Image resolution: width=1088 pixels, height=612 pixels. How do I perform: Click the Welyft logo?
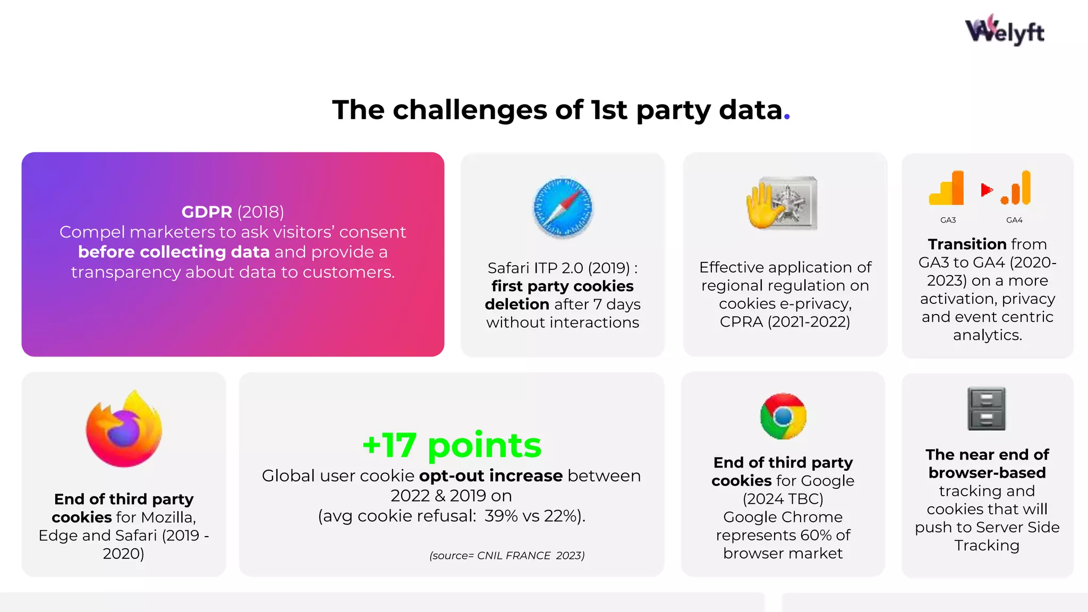pos(1004,31)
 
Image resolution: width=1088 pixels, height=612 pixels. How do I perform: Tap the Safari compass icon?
pos(563,207)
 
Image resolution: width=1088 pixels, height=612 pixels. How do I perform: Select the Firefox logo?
pos(124,429)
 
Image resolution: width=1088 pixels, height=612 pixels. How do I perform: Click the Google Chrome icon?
pos(783,416)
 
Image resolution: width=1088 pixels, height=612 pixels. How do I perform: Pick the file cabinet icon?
pos(987,409)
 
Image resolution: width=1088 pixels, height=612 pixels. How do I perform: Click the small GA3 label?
pos(948,220)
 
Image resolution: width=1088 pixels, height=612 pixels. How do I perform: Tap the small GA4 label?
pos(1014,220)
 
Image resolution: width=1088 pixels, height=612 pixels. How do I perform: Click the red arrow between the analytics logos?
pos(987,190)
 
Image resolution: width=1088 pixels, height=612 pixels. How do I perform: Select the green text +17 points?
pos(452,445)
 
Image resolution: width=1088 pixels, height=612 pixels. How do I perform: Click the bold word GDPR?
pos(207,212)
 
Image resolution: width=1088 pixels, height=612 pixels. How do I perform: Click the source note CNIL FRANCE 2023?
pos(507,556)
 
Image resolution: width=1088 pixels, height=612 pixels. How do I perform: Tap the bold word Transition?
pos(967,244)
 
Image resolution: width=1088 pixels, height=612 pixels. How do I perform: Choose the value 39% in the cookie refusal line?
pos(500,516)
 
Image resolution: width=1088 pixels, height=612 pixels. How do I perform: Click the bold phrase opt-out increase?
pos(490,475)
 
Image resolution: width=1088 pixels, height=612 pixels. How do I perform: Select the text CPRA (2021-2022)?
pos(785,322)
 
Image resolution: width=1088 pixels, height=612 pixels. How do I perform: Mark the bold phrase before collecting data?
pos(174,252)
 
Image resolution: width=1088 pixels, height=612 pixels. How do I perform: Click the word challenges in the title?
pos(470,110)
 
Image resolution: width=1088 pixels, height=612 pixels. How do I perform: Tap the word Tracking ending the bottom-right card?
pos(987,546)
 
